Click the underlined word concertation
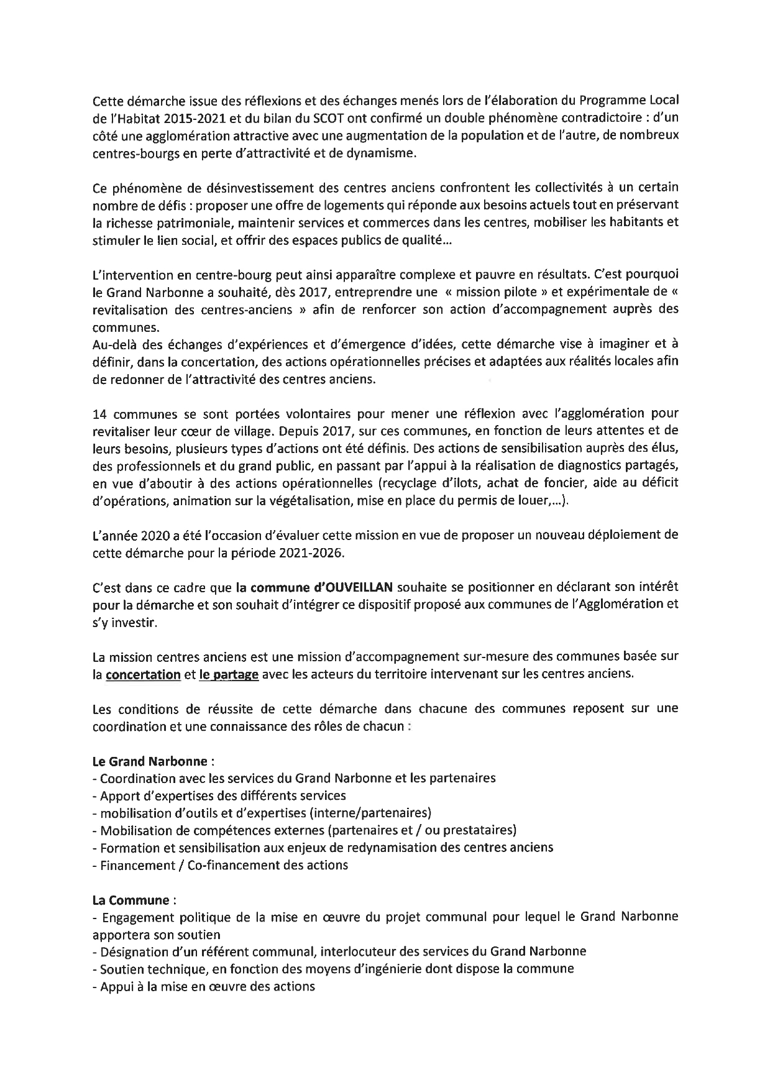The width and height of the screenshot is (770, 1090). (x=143, y=674)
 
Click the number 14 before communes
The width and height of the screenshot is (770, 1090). (x=99, y=413)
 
